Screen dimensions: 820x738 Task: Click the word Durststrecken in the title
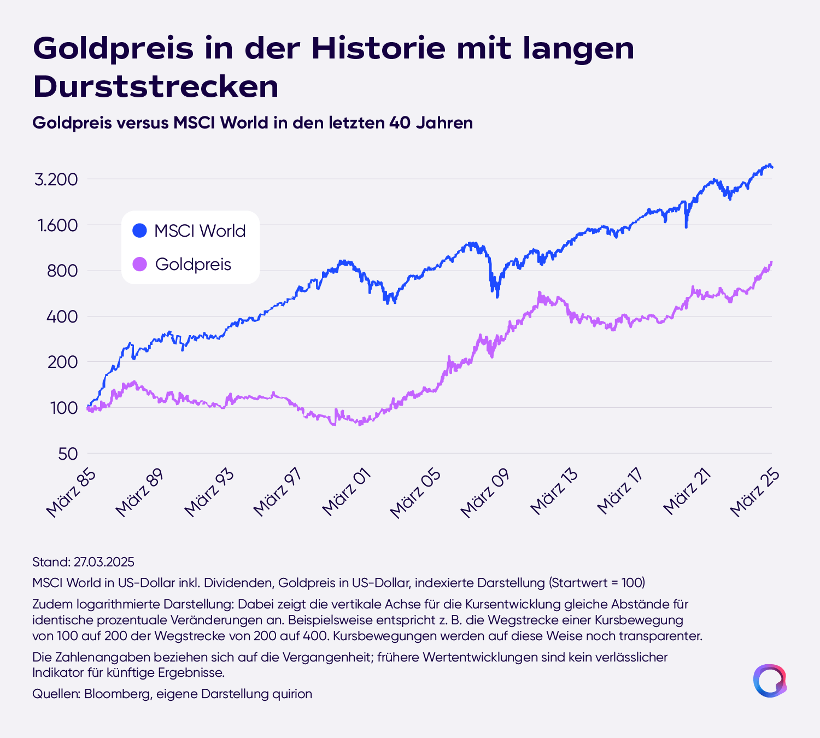tap(155, 87)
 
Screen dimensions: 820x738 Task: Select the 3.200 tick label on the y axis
tap(56, 179)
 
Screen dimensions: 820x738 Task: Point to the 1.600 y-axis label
tap(57, 225)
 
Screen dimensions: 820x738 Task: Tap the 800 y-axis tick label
tap(62, 271)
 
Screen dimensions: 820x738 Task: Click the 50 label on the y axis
tap(68, 454)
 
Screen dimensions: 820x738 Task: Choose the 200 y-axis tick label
tap(62, 362)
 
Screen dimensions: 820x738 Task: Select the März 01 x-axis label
tap(346, 493)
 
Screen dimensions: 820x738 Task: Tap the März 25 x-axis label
tap(754, 493)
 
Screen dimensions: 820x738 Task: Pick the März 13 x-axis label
tap(554, 493)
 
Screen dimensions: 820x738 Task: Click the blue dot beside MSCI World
tap(140, 231)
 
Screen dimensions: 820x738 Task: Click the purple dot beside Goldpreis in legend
tap(140, 264)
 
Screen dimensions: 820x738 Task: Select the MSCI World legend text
tap(200, 231)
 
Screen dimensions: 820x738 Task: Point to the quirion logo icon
tap(770, 681)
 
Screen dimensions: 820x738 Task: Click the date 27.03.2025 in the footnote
tap(104, 562)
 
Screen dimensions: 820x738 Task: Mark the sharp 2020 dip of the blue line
tap(686, 226)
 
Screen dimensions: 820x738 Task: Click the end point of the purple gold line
tap(771, 262)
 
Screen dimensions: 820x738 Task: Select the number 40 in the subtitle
tap(400, 122)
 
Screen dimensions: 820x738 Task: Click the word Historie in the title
tap(378, 48)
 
